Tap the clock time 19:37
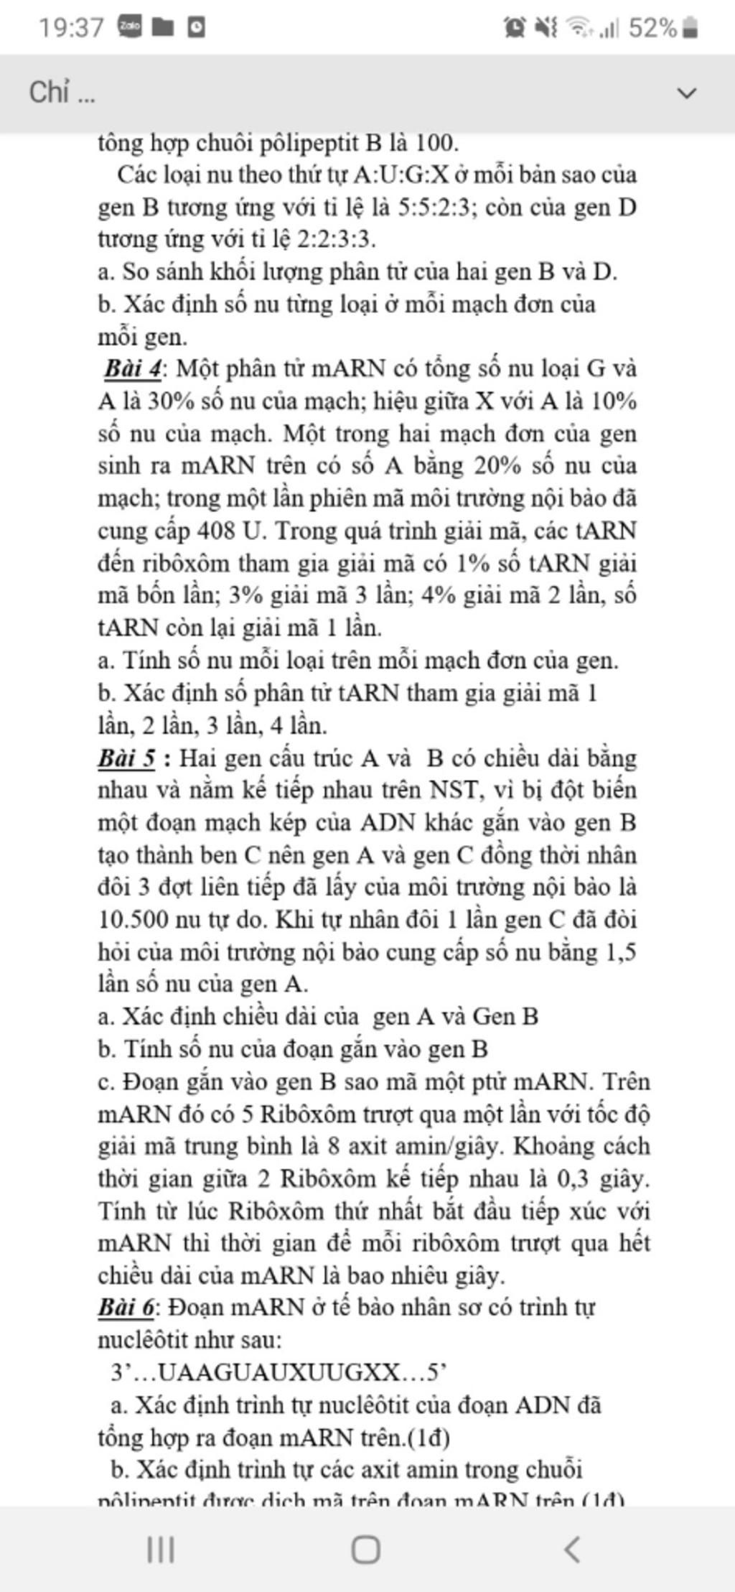[71, 28]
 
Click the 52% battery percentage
[652, 28]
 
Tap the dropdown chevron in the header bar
[687, 93]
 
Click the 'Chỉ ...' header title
[62, 93]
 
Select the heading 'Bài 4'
[133, 368]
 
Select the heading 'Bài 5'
[127, 758]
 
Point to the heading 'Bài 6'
[126, 1307]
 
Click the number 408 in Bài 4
[216, 531]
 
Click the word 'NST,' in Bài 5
[455, 791]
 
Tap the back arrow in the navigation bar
[572, 1549]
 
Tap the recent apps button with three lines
[161, 1549]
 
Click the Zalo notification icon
[130, 27]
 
